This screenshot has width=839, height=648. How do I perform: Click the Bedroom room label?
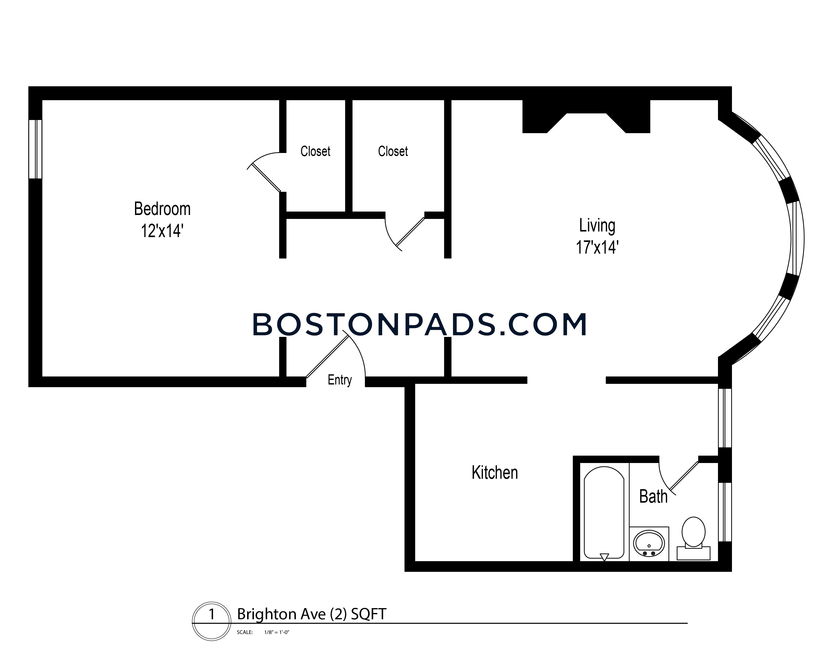click(162, 209)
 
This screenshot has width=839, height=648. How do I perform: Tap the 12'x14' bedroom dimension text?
click(162, 231)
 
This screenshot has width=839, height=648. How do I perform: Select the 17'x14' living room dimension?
click(597, 247)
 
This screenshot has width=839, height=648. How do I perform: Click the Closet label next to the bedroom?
click(316, 151)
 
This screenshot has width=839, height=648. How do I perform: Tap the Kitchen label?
click(495, 473)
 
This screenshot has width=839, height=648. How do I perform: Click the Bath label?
click(653, 496)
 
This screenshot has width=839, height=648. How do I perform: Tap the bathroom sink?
click(649, 544)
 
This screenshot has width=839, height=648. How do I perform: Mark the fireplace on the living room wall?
click(586, 116)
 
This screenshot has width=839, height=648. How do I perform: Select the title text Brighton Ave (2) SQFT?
click(311, 614)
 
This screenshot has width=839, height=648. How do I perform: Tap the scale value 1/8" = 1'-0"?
click(277, 632)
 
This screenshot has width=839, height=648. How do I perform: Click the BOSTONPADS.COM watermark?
click(420, 325)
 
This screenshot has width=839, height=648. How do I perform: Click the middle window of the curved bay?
click(796, 238)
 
